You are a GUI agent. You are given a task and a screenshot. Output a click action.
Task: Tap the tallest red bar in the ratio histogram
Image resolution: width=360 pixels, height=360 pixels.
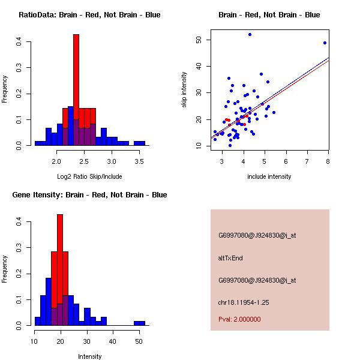[76, 90]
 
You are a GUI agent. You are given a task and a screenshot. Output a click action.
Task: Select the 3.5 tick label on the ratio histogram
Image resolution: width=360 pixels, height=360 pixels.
[139, 161]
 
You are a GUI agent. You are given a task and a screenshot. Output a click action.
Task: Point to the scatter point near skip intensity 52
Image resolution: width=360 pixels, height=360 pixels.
[250, 34]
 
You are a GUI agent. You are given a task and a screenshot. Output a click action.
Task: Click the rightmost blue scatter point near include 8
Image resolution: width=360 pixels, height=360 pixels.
[325, 43]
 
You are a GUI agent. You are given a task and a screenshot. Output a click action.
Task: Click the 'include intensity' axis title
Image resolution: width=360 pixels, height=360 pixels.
[269, 176]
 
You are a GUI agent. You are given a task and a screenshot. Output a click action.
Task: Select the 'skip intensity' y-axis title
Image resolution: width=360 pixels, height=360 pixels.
[184, 90]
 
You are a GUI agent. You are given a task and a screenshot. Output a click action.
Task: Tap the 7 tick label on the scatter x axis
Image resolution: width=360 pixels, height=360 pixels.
[307, 161]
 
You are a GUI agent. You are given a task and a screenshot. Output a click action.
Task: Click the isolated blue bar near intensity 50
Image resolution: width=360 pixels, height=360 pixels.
[139, 323]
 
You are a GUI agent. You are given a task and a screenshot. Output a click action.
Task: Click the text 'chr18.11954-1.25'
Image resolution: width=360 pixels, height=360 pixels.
[243, 302]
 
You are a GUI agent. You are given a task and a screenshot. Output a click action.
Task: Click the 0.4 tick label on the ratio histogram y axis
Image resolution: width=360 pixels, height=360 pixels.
[20, 41]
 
